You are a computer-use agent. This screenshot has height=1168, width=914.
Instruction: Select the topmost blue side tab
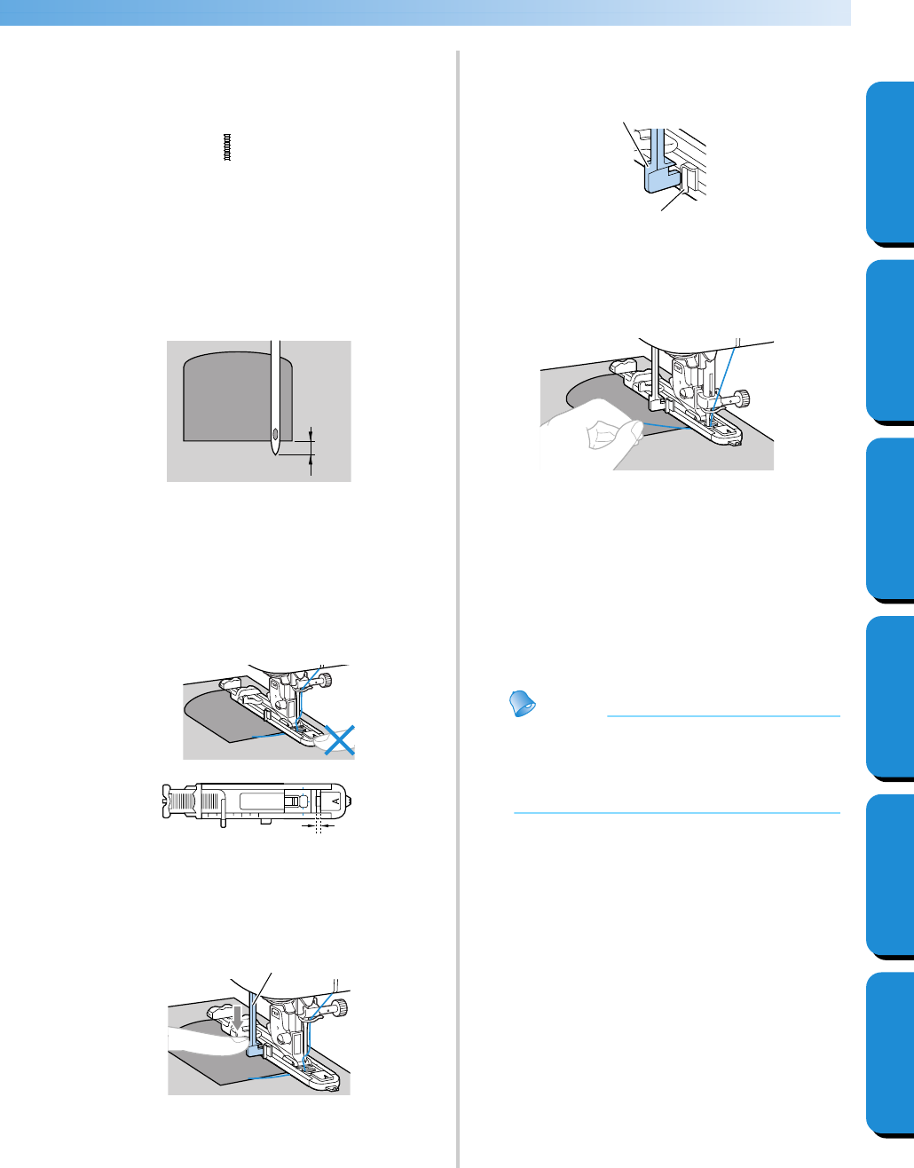[889, 163]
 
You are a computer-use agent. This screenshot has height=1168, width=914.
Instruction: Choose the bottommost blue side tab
[889, 1054]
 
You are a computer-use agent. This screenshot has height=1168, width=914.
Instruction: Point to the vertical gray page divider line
[458, 604]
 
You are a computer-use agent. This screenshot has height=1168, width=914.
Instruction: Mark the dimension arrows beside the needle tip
[311, 446]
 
